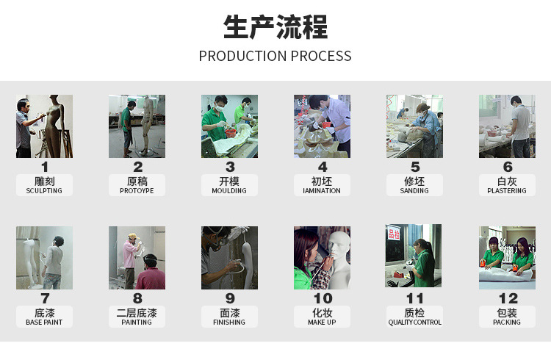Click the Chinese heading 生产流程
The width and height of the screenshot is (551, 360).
point(275,28)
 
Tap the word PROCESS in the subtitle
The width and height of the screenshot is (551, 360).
point(321,57)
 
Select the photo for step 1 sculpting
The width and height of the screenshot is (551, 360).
point(44,126)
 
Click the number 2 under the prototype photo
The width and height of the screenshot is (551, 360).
point(137,168)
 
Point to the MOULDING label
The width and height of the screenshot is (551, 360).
point(229,191)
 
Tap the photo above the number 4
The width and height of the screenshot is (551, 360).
point(322,126)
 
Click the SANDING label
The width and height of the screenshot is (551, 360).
point(414,191)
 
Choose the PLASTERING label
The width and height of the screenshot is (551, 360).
point(507,191)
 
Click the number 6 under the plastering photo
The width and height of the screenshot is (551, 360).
point(508,168)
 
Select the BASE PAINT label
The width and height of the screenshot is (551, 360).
point(44,323)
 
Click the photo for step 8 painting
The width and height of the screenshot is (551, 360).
point(137,257)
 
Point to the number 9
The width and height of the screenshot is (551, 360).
point(230,299)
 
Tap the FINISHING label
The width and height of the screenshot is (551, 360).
point(229,323)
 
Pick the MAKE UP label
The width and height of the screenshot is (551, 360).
point(322,323)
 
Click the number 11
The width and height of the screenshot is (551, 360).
point(414,299)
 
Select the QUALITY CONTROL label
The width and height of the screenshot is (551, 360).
point(414,323)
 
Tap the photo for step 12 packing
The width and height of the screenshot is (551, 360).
point(507,257)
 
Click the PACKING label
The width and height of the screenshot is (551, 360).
point(507,323)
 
